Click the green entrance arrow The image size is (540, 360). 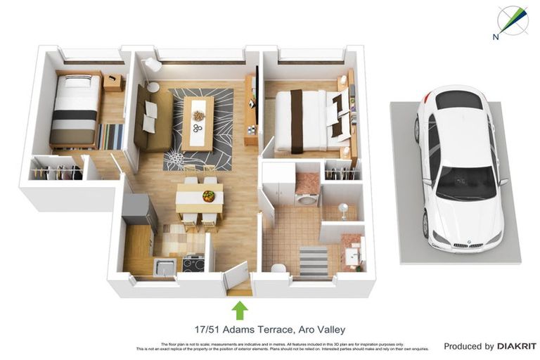point(240,309)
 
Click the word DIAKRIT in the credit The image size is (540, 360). point(517,346)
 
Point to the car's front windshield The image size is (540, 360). point(465,184)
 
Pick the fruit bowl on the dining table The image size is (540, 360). point(208,196)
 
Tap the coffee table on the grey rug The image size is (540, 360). point(198,123)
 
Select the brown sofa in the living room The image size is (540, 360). point(153,118)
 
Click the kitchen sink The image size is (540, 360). point(165,266)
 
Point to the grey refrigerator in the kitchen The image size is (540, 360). point(139,210)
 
